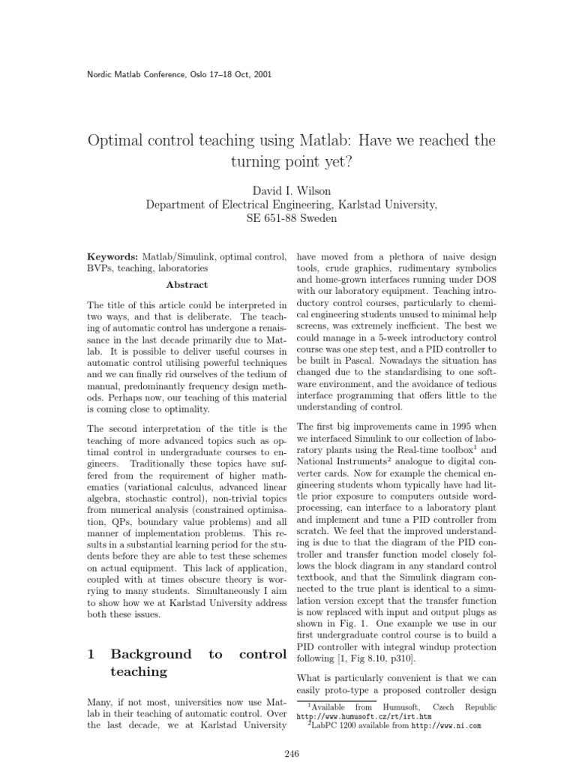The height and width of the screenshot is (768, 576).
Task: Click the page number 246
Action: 288,754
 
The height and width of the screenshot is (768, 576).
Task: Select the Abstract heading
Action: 187,285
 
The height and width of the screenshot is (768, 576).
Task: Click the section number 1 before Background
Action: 91,655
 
